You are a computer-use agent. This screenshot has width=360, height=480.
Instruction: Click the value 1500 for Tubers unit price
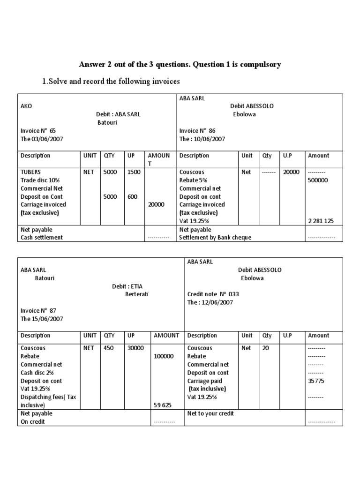coord(134,172)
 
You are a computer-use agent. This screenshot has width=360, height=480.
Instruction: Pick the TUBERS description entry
coord(31,172)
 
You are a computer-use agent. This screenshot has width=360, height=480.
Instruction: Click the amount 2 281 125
coord(321,221)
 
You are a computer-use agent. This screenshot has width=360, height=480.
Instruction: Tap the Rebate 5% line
coord(193,180)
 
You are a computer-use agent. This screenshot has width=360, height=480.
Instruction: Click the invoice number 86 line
coord(197,131)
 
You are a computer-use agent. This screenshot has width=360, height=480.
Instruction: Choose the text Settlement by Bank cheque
coord(215,238)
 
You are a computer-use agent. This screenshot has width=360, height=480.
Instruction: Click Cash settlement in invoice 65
coord(42,238)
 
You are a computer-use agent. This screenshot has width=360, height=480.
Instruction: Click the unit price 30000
coord(135,348)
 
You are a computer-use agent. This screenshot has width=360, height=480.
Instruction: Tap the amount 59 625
coord(164,405)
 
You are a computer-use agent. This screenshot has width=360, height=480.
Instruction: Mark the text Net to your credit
coord(210,413)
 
